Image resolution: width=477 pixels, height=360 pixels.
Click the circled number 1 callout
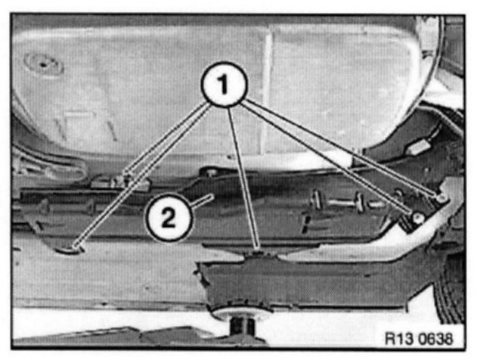[225, 84]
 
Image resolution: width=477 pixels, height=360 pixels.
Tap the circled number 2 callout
[169, 217]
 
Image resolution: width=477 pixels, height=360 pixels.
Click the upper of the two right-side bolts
[441, 199]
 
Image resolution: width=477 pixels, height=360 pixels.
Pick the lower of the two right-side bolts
[419, 217]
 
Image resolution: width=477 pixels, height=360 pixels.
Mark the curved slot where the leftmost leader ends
[70, 250]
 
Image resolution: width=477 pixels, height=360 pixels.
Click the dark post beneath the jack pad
[242, 327]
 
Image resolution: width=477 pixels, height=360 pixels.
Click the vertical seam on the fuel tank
[267, 92]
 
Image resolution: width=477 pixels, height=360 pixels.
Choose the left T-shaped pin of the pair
[317, 200]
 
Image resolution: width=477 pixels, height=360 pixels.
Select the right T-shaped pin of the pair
[360, 202]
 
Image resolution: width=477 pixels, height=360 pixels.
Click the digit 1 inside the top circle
[224, 84]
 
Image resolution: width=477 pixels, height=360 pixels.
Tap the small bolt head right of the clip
[211, 173]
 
